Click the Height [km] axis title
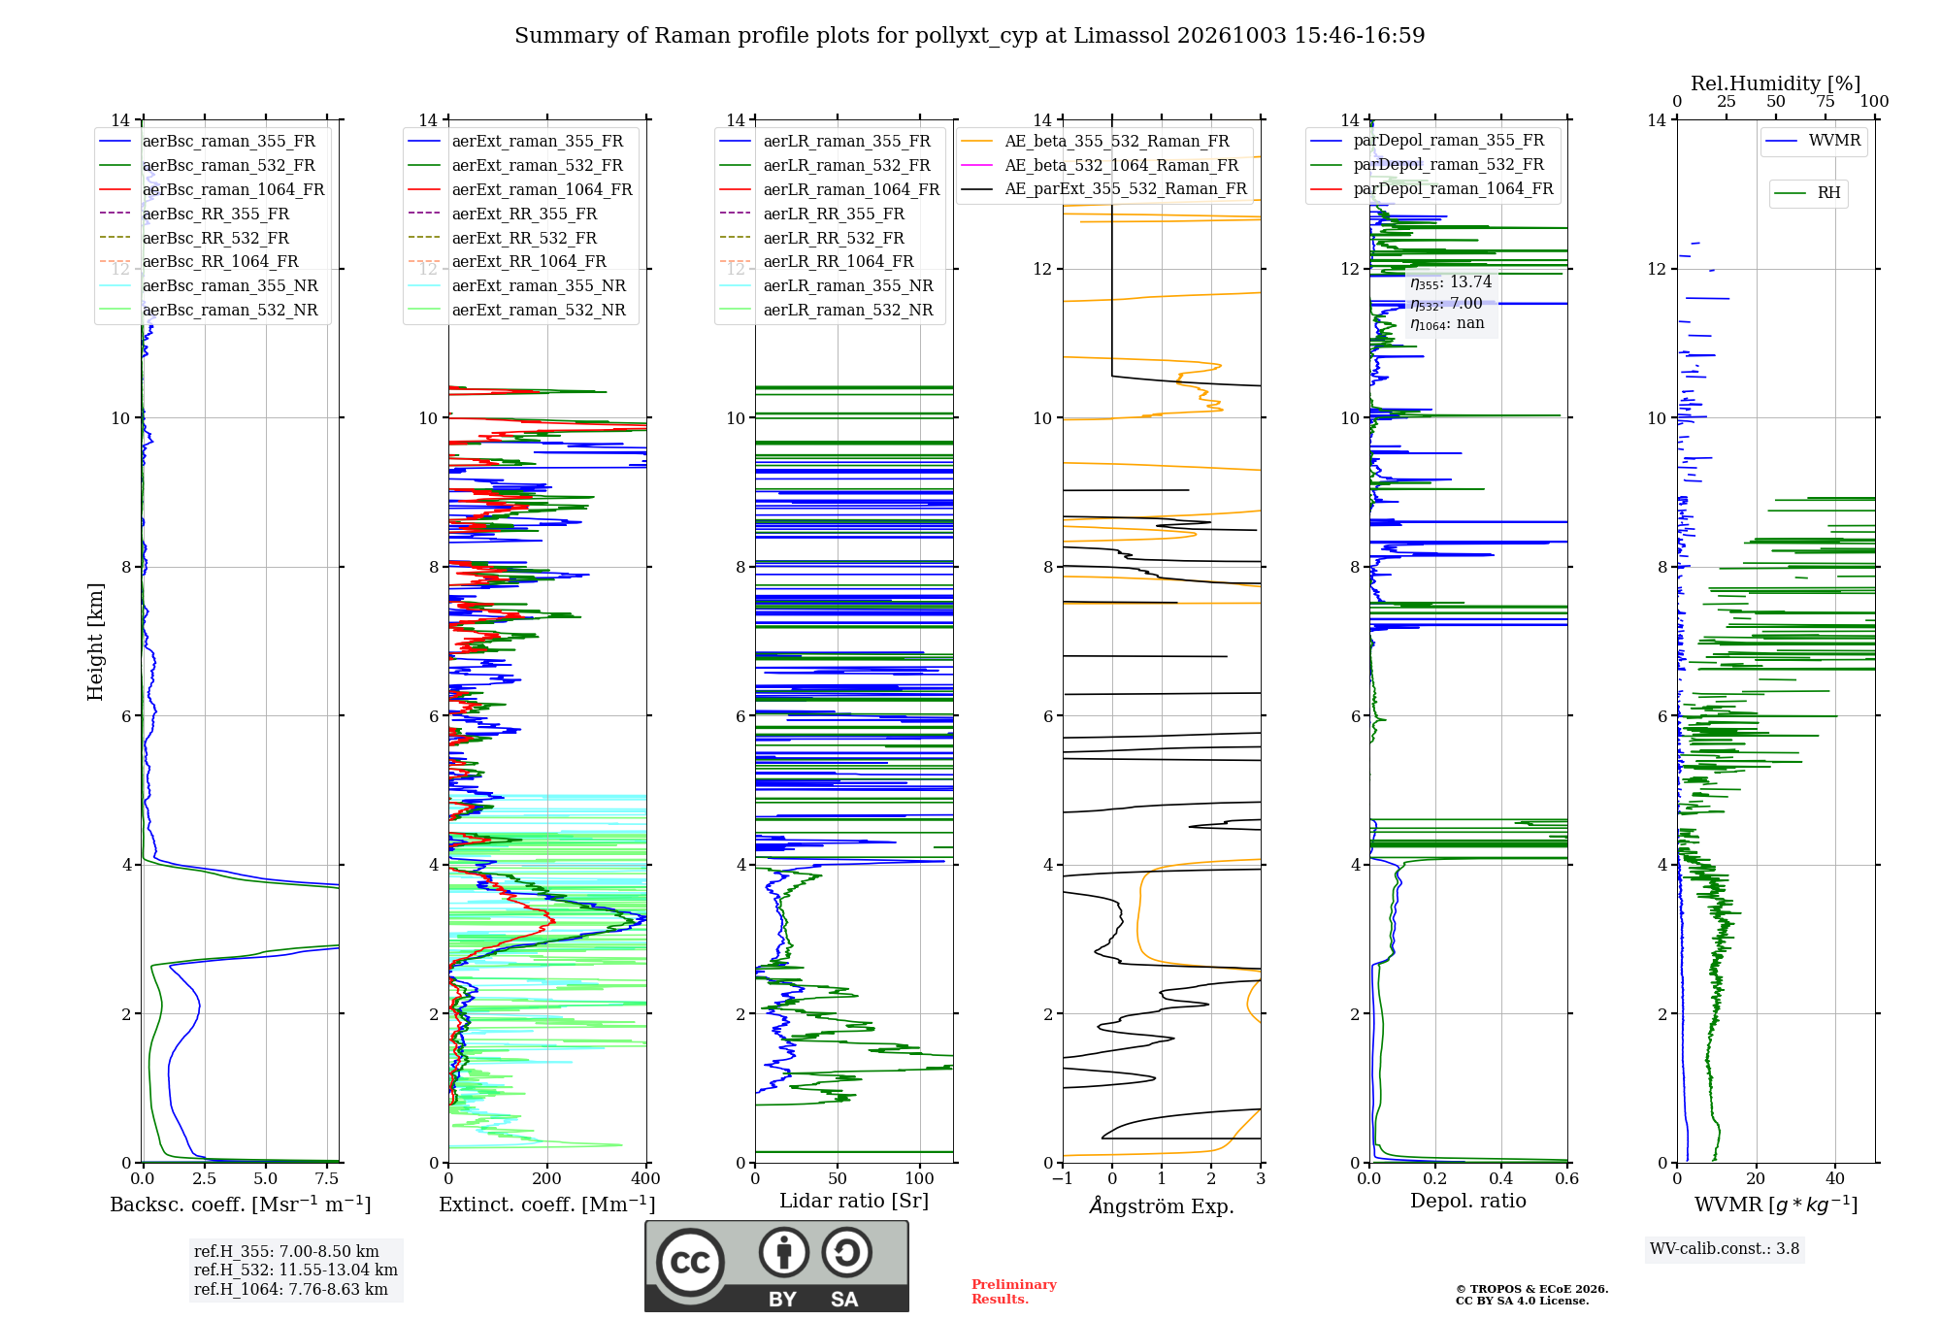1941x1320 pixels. (95, 642)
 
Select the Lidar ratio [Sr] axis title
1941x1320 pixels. (854, 1201)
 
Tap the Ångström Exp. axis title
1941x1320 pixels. (1162, 1205)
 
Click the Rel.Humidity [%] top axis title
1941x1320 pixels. (1776, 83)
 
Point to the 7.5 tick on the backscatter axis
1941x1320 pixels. (327, 1178)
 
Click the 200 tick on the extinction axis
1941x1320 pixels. (547, 1178)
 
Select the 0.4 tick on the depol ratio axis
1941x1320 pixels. (1501, 1178)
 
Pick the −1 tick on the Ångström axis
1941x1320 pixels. (1063, 1178)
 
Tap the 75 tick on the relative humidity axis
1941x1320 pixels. (1826, 102)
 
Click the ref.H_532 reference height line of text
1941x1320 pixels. (296, 1270)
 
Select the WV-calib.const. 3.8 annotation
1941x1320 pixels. (1725, 1249)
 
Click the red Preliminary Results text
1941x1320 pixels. (1014, 1292)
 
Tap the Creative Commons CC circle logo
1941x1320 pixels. (690, 1262)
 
